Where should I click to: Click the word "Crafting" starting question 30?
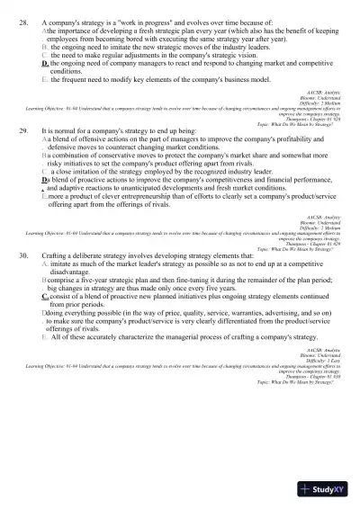point(55,280)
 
